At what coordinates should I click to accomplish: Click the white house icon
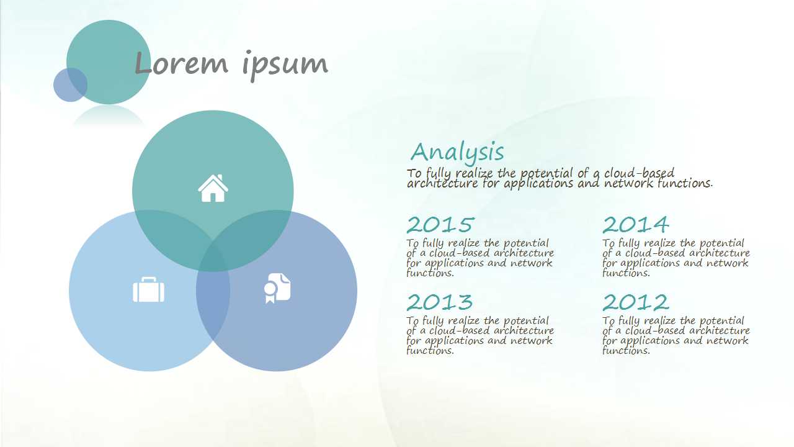pyautogui.click(x=213, y=188)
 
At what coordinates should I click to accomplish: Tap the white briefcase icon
pyautogui.click(x=148, y=289)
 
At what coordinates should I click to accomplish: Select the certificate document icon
pyautogui.click(x=277, y=288)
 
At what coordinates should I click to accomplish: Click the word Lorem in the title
pyautogui.click(x=181, y=63)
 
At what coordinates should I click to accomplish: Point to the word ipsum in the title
pyautogui.click(x=285, y=65)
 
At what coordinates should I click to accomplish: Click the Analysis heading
pyautogui.click(x=457, y=153)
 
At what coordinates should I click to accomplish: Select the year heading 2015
pyautogui.click(x=440, y=225)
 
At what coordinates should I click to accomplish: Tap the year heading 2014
pyautogui.click(x=636, y=225)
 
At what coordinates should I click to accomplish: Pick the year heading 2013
pyautogui.click(x=440, y=302)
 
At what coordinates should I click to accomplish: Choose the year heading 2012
pyautogui.click(x=636, y=302)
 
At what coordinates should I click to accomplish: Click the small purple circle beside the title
pyautogui.click(x=70, y=85)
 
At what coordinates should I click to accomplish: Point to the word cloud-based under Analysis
pyautogui.click(x=639, y=173)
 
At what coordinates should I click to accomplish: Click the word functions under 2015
pyautogui.click(x=430, y=273)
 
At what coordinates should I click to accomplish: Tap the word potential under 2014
pyautogui.click(x=721, y=244)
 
